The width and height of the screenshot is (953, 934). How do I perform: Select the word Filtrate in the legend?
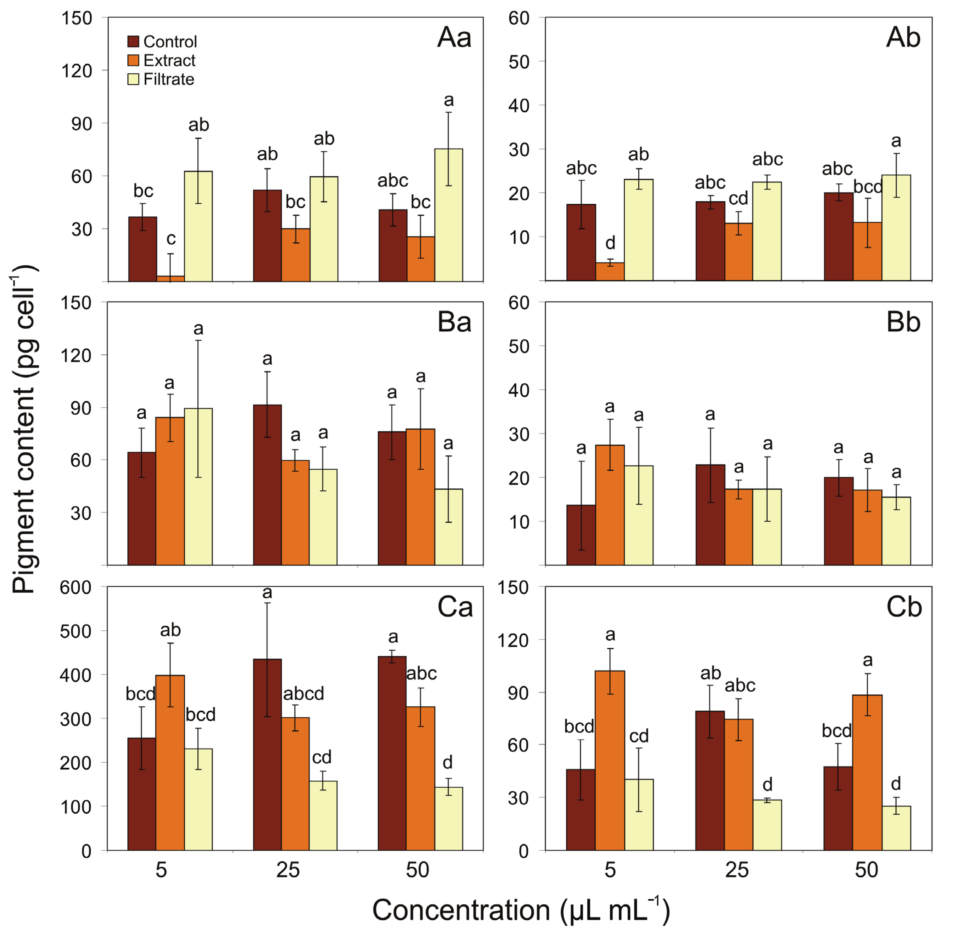(169, 79)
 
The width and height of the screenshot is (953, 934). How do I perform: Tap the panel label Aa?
(454, 38)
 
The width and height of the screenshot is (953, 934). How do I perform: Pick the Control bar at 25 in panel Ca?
(267, 756)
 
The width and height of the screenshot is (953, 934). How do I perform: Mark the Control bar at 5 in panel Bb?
(581, 535)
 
